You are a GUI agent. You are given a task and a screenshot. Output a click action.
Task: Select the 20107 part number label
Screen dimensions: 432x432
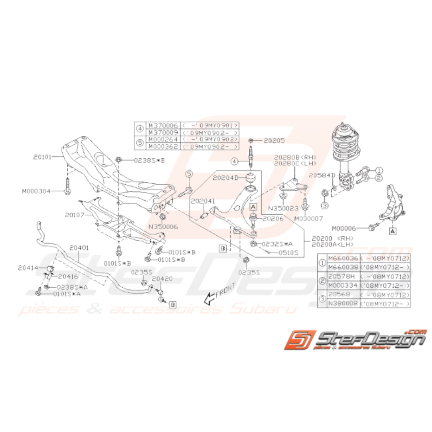75,215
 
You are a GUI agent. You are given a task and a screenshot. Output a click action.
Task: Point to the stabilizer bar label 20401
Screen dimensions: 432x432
79,248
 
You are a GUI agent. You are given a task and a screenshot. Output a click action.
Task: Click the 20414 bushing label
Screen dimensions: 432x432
28,267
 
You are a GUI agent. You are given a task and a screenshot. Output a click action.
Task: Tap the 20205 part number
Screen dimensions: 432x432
274,140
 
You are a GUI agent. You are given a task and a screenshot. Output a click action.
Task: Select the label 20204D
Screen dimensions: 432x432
226,178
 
